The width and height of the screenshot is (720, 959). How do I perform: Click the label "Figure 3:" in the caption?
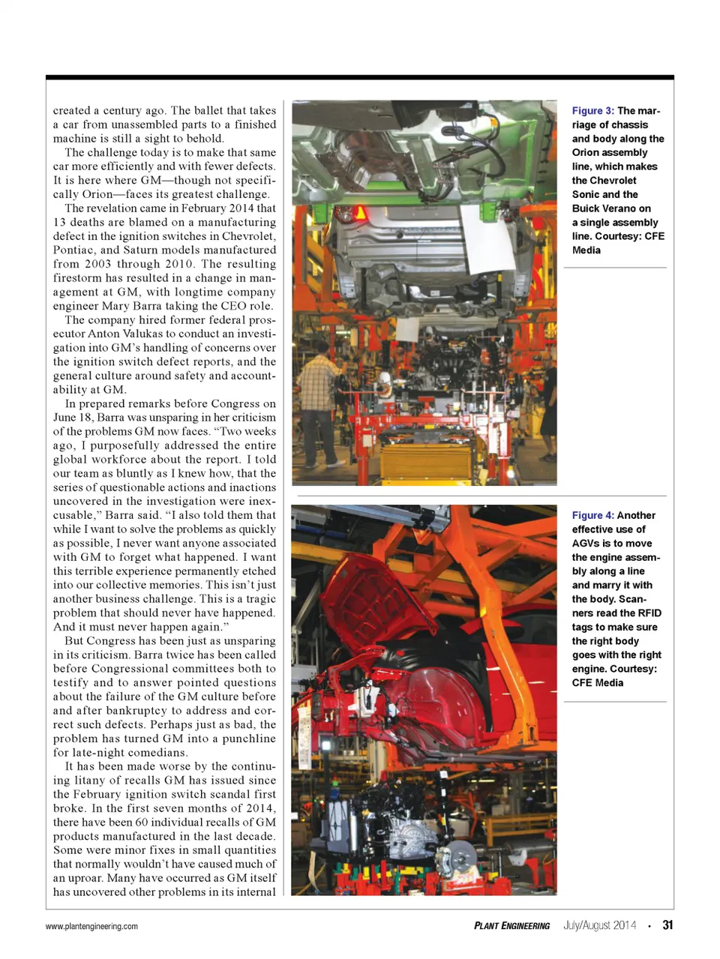(x=592, y=111)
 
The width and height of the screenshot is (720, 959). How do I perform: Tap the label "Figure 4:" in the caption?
(x=592, y=516)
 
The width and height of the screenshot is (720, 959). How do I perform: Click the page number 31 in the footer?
(x=667, y=925)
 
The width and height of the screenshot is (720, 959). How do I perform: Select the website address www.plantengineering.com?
(x=91, y=927)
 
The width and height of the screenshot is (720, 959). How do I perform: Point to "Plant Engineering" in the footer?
(x=511, y=926)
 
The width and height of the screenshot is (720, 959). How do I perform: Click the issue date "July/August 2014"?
(x=599, y=925)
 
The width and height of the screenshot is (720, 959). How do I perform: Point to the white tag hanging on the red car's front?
(x=305, y=735)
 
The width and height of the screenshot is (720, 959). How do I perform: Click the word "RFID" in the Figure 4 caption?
(x=649, y=613)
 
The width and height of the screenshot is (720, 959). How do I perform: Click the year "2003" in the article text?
(x=98, y=264)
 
